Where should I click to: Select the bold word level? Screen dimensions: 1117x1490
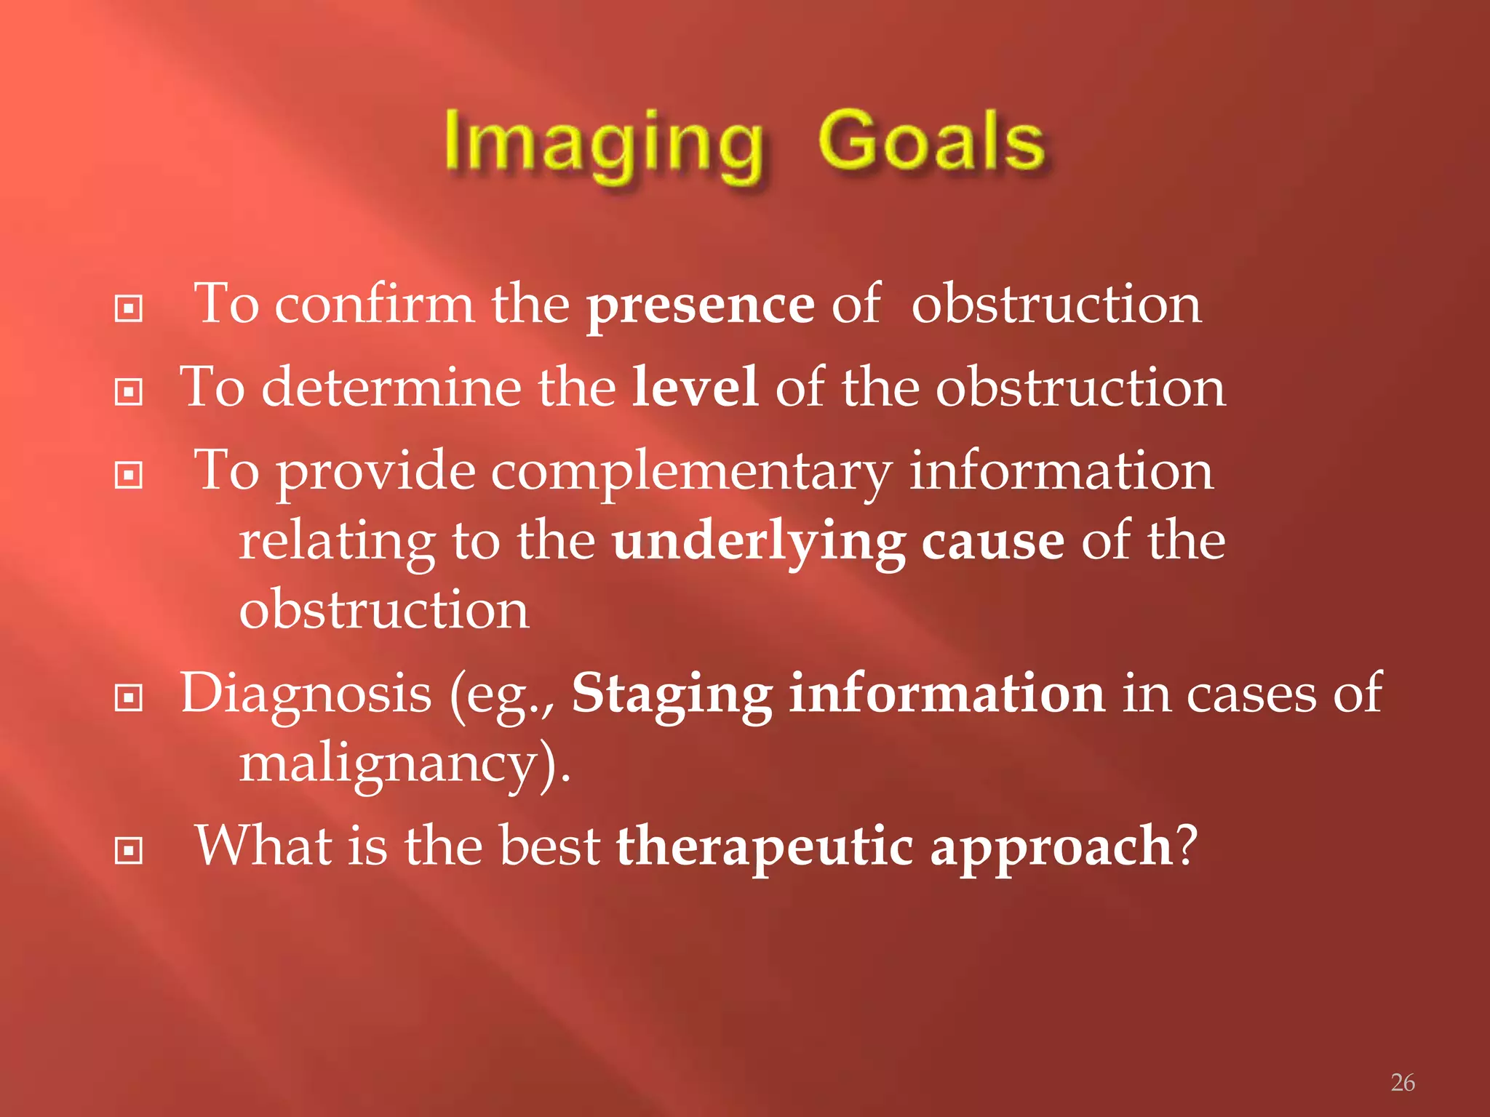(x=694, y=388)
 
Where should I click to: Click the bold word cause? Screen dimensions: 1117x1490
(x=992, y=543)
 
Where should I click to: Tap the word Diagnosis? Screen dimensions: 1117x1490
(x=306, y=694)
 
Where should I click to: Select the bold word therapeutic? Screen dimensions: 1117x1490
(x=764, y=847)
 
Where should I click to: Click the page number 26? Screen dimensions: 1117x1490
(x=1403, y=1083)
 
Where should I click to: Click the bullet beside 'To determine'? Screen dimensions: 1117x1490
(x=129, y=393)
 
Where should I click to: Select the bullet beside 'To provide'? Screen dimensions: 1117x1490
(x=129, y=476)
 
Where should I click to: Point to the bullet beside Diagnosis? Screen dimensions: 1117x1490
(x=129, y=699)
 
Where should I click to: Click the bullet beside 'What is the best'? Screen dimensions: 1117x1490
(x=129, y=850)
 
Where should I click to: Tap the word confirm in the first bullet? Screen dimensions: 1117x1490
(x=374, y=304)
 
